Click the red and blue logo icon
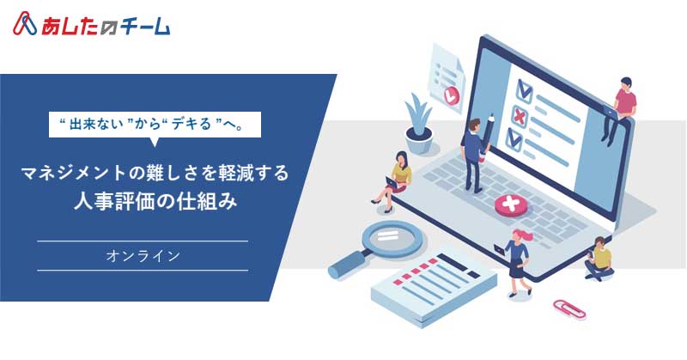tap(25, 24)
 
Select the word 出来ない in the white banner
tap(96, 124)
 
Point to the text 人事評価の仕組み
tap(156, 202)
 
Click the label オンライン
tap(143, 256)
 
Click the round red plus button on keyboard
tap(511, 205)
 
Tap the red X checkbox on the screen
tap(520, 117)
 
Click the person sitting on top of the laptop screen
tap(620, 110)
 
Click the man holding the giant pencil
tap(471, 155)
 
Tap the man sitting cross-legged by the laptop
tap(599, 259)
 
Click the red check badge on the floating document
tap(452, 95)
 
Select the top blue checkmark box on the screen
tap(525, 91)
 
